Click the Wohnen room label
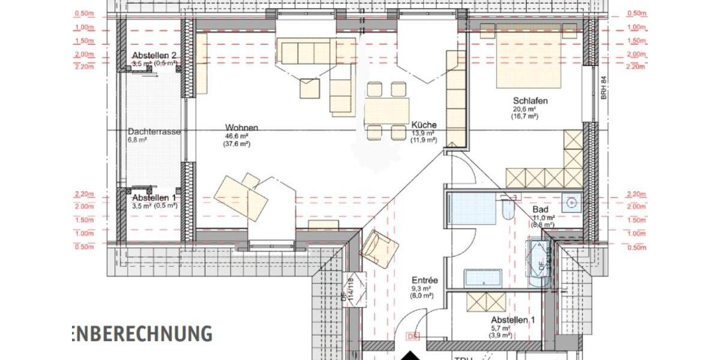(x=242, y=128)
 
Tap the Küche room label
(x=424, y=125)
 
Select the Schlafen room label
(x=530, y=101)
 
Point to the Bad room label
(x=540, y=209)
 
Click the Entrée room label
(x=424, y=280)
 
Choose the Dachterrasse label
(x=154, y=131)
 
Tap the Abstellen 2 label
(x=154, y=56)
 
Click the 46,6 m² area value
(x=237, y=136)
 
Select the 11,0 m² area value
(x=542, y=218)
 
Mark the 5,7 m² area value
(x=500, y=328)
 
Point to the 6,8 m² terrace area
(x=137, y=140)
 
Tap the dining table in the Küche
(x=386, y=111)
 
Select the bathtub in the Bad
(x=472, y=208)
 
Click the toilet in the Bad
(x=508, y=208)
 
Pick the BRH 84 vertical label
(x=604, y=88)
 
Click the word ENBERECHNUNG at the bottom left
(x=141, y=333)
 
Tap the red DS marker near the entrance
(x=412, y=337)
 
